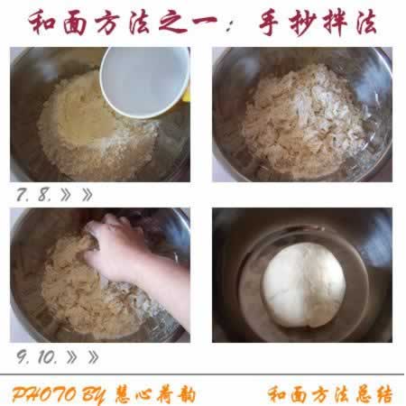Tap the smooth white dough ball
pyautogui.click(x=302, y=285)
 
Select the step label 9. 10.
pyautogui.click(x=36, y=356)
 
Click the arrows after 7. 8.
pyautogui.click(x=78, y=193)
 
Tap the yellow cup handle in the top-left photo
pyautogui.click(x=186, y=93)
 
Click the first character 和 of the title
pyautogui.click(x=42, y=22)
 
